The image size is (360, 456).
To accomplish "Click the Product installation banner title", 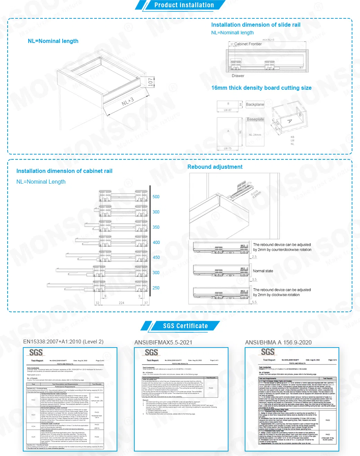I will click(184, 5).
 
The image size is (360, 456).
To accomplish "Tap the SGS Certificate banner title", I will click(185, 326).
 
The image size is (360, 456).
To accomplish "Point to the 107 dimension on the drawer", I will click(150, 82).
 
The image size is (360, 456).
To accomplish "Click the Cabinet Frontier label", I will click(248, 44).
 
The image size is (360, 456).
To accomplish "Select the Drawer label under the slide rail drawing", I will click(238, 76).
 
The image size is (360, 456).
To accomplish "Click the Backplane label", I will click(255, 104).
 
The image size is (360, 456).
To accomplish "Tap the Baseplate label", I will click(255, 119).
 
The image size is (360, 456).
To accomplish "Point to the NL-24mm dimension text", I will click(255, 135).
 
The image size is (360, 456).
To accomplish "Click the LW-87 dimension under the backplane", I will click(227, 110).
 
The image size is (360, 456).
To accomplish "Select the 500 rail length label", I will click(156, 197).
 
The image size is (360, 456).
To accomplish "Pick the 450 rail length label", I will click(156, 257).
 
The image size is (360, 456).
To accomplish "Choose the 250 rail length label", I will click(156, 288).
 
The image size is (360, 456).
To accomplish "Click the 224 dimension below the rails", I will click(121, 303).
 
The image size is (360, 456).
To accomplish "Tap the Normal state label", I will click(263, 271).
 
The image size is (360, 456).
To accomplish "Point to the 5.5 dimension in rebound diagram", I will click(254, 302).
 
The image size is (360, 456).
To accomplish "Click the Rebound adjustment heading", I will click(215, 167).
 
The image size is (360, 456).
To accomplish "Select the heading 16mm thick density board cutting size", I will click(261, 88).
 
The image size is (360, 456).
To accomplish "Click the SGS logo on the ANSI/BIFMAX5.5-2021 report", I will click(151, 353).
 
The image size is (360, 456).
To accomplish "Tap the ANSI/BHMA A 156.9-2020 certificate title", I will click(278, 342).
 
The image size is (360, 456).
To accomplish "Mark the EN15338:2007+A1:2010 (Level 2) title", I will click(63, 342).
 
